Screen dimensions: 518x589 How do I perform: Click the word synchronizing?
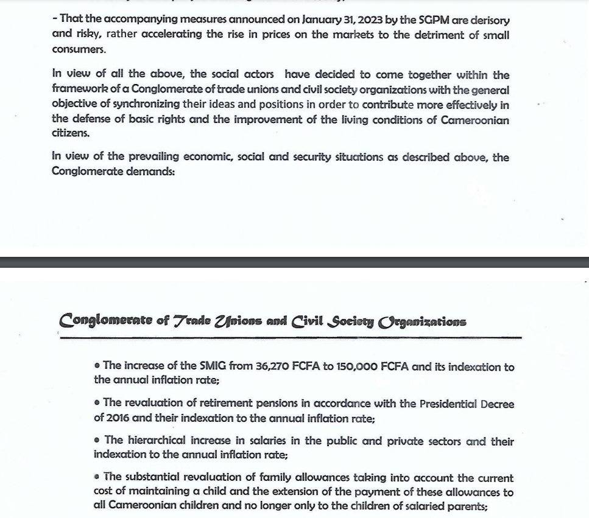point(146,104)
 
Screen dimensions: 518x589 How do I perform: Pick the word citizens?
point(70,133)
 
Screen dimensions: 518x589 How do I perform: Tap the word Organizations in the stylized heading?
point(422,321)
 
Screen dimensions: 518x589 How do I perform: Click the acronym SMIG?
point(213,366)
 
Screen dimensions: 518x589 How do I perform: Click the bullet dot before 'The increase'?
point(97,366)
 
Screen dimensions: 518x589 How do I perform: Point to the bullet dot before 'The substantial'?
point(97,477)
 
